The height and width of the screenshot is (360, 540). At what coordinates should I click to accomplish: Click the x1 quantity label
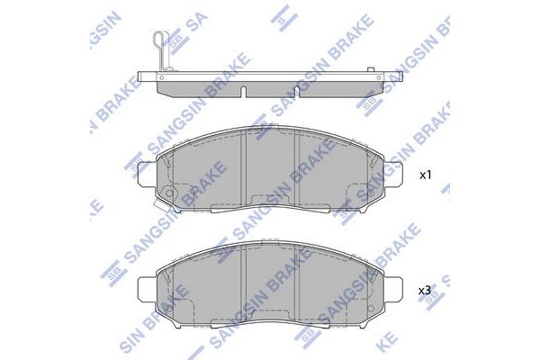[x=426, y=175]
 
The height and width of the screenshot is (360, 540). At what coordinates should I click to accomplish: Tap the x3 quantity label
[x=426, y=291]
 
